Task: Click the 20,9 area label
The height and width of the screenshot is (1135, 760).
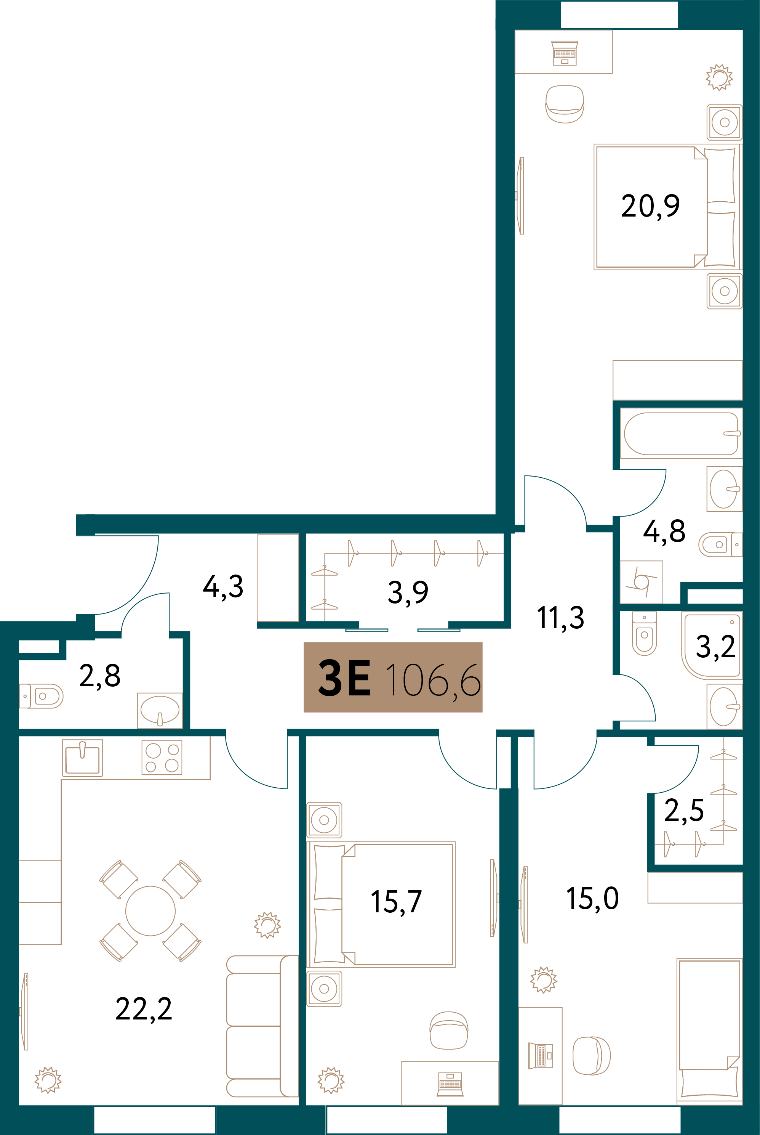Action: click(650, 207)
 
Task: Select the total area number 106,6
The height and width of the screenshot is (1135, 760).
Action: click(433, 680)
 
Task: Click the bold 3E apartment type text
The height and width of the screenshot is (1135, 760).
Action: click(344, 677)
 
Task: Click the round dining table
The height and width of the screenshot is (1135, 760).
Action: click(150, 911)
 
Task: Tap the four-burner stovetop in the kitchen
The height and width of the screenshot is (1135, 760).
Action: click(162, 757)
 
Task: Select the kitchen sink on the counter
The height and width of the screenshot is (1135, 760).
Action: click(82, 758)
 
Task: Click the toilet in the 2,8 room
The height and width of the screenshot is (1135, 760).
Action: click(41, 696)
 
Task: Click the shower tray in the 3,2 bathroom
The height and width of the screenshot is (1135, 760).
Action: click(711, 645)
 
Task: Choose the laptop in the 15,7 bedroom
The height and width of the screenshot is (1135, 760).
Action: click(450, 1084)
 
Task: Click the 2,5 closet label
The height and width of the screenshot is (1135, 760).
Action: click(684, 811)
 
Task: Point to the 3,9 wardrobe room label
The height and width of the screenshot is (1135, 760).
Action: click(408, 592)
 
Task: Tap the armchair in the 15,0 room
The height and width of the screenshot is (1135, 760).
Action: click(591, 1056)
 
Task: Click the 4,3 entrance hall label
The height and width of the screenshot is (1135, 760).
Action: click(222, 586)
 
